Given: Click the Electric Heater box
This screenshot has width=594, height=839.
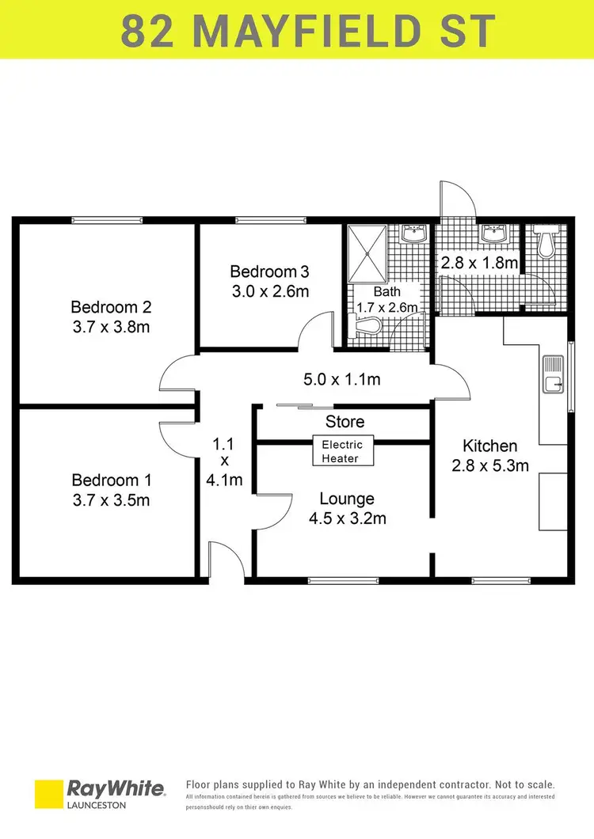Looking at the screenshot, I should pos(340,451).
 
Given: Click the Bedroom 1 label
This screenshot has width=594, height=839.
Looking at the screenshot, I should pos(111,480).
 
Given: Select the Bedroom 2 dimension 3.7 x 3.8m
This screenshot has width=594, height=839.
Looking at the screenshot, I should pos(111,326).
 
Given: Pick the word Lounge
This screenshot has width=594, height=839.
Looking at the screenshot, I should pos(347,499).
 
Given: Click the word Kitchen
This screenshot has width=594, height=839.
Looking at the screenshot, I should pos(490,446).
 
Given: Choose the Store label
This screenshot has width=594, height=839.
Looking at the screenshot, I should pos(345,422).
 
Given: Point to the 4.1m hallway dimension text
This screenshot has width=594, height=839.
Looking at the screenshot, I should pos(224,480).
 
